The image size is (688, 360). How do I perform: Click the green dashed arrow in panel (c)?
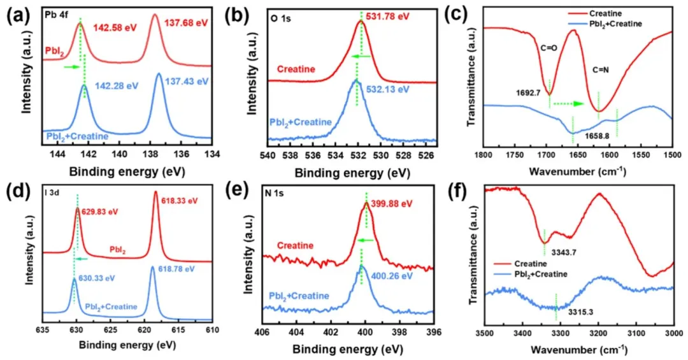coord(568,103)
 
